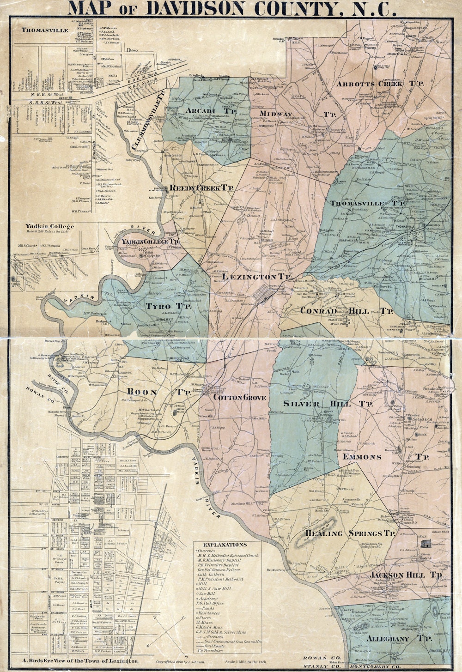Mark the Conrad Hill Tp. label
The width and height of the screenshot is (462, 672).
(346, 311)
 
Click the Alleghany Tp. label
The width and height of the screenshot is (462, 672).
(399, 639)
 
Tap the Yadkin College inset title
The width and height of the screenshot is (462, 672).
(50, 226)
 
